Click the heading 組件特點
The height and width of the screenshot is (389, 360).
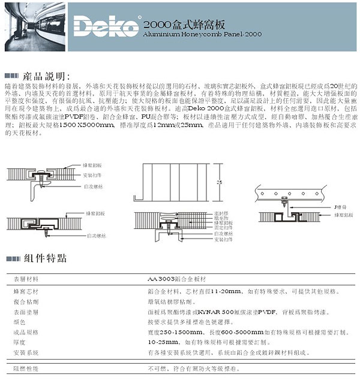(x=45, y=259)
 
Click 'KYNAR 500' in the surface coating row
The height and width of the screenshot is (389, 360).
(x=215, y=311)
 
